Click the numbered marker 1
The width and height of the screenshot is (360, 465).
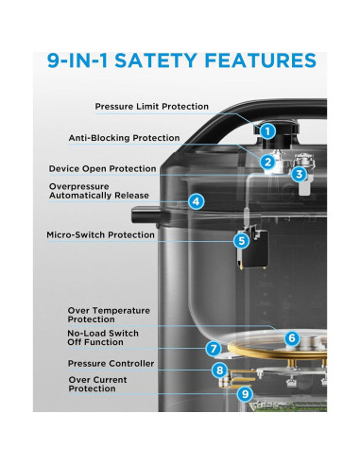click(x=268, y=131)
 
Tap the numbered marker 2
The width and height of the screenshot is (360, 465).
click(x=268, y=163)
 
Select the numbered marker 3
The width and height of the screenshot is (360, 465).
click(x=298, y=174)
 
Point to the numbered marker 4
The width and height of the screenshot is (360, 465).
click(x=196, y=200)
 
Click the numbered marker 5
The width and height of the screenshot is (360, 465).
click(x=242, y=241)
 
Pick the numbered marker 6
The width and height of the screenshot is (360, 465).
click(x=292, y=337)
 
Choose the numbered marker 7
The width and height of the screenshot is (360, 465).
click(x=214, y=349)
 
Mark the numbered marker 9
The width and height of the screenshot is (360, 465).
click(x=245, y=394)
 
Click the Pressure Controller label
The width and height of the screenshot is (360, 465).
click(x=111, y=363)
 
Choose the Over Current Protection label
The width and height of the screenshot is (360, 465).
click(x=98, y=384)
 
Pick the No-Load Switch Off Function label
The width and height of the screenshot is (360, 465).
click(x=102, y=337)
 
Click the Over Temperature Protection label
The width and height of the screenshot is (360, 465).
click(x=108, y=313)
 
